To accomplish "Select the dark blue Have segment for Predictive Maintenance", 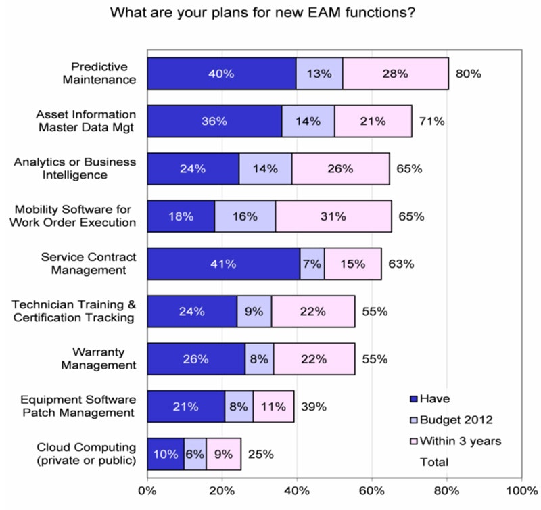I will click(x=221, y=74).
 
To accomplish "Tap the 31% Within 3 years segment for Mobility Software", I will click(x=333, y=216).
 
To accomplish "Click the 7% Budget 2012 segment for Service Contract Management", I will click(x=312, y=264).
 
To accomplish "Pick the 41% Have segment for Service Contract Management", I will click(x=223, y=264).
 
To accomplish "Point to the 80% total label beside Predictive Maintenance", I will click(x=468, y=74).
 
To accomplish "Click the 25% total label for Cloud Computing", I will click(x=260, y=454).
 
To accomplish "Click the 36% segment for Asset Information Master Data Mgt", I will click(x=214, y=122).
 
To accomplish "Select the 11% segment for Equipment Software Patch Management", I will click(x=273, y=407).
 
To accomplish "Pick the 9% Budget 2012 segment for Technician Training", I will click(x=254, y=311).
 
